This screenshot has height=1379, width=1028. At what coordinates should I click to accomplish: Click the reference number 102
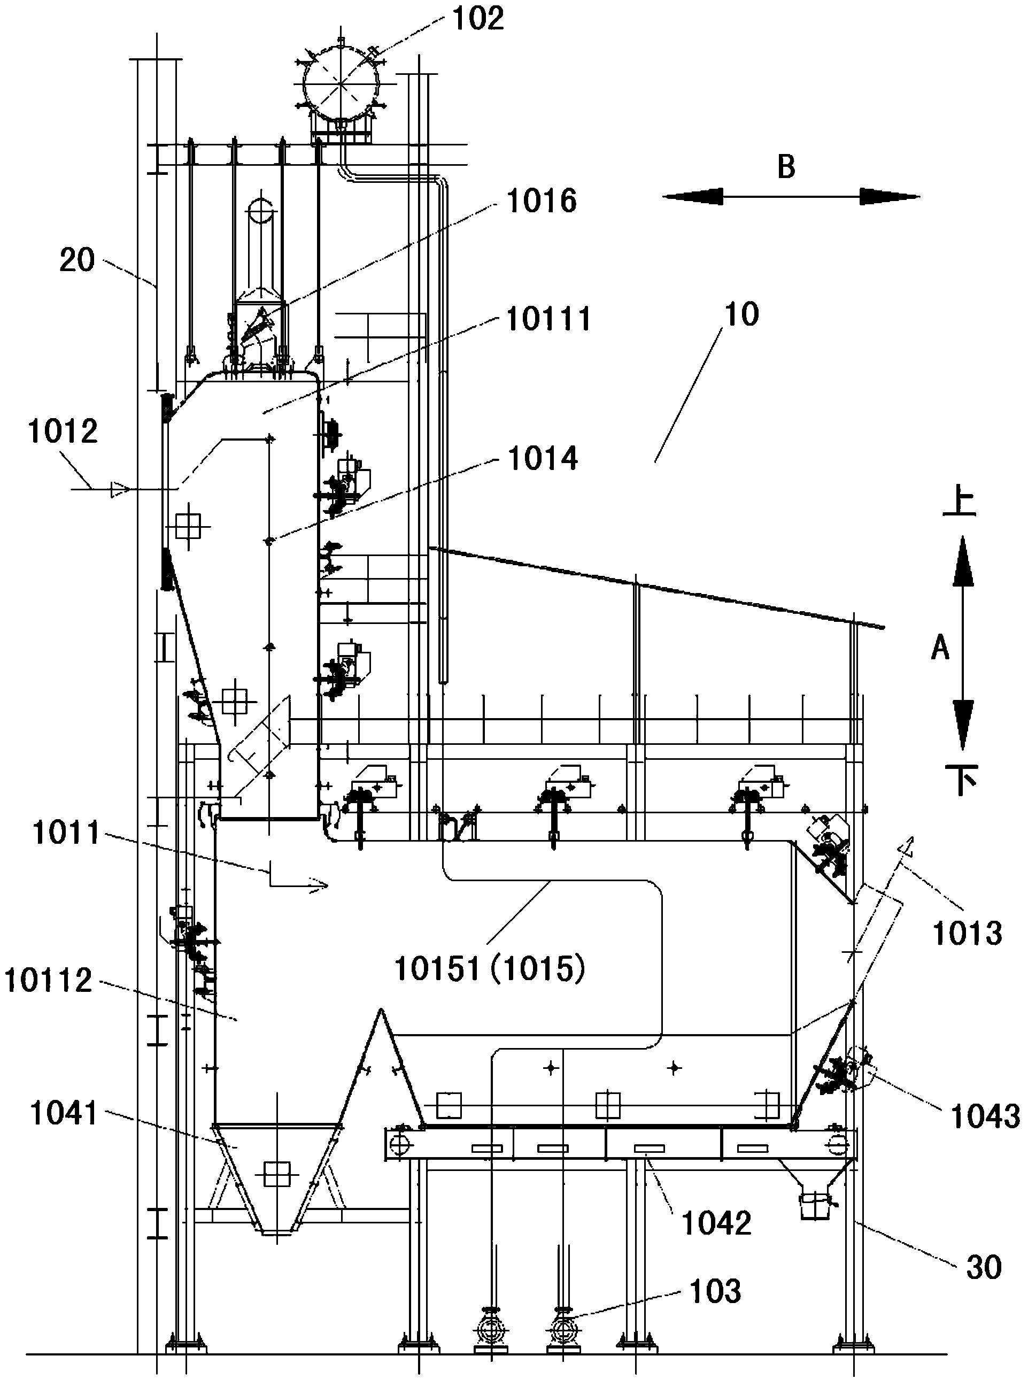477,19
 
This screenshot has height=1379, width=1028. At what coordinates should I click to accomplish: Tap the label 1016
542,201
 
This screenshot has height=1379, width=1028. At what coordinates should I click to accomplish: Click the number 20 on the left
77,260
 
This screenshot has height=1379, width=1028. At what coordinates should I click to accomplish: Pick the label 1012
63,432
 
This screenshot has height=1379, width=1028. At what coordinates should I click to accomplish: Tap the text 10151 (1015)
490,969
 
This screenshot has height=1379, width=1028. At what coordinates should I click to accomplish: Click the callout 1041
65,1114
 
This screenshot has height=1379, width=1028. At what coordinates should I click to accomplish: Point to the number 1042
717,1223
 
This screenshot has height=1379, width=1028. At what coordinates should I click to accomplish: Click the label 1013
968,934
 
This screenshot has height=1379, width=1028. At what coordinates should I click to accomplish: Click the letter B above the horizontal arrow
786,167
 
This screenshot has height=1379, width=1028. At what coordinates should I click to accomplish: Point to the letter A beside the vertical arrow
940,649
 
